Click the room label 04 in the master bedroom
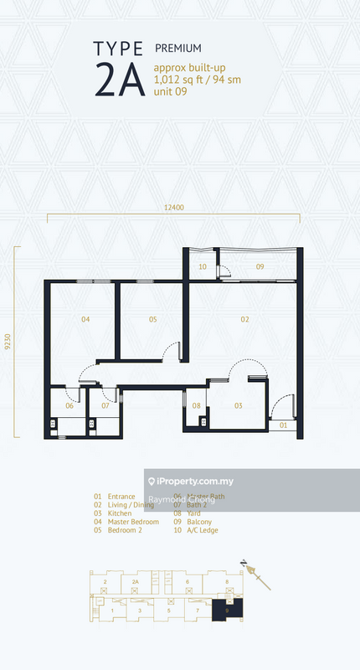[85, 319]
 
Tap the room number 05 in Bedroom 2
[153, 319]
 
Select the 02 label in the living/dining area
[245, 319]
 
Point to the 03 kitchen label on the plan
[238, 405]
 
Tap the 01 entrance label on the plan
[283, 425]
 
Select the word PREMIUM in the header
[177, 49]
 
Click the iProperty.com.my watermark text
[202, 482]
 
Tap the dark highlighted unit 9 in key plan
[228, 611]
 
